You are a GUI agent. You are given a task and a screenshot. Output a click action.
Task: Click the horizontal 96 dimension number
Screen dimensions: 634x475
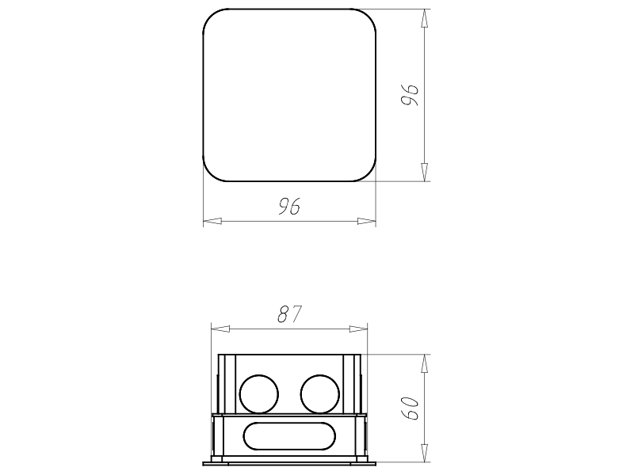(x=289, y=207)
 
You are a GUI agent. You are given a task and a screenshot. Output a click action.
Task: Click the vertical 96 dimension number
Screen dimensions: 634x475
(x=410, y=95)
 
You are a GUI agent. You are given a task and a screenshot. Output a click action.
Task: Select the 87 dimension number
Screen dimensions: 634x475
(x=290, y=314)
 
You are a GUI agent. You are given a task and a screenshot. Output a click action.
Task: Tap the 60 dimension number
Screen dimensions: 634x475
(x=410, y=408)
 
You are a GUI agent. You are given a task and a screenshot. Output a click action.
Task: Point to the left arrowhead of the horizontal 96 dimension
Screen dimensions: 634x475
(x=212, y=221)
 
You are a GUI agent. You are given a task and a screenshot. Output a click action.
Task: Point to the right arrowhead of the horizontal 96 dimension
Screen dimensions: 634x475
(x=366, y=221)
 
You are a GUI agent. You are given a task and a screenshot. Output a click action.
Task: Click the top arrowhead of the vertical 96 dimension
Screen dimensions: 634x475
(x=424, y=18)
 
